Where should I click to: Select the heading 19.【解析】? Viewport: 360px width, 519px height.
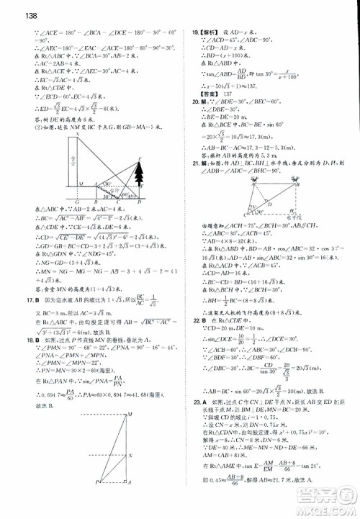pos(206,32)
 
